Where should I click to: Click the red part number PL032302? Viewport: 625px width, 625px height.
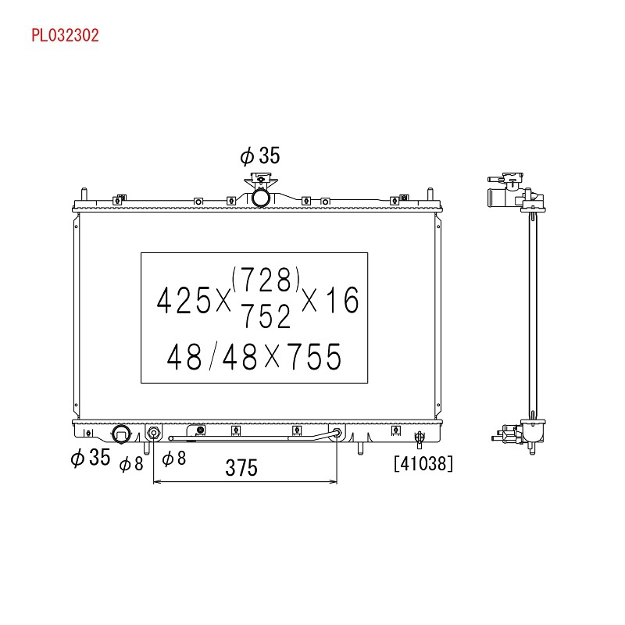65,35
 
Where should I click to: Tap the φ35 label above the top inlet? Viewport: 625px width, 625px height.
260,155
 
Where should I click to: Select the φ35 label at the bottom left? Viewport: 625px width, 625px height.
90,457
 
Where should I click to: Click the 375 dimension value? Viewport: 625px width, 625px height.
241,467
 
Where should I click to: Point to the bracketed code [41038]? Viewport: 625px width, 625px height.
423,463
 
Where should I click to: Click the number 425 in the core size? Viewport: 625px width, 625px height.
184,300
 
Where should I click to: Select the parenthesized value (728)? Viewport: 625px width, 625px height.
266,280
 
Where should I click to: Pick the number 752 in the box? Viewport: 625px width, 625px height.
266,316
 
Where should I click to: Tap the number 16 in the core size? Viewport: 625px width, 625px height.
342,300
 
